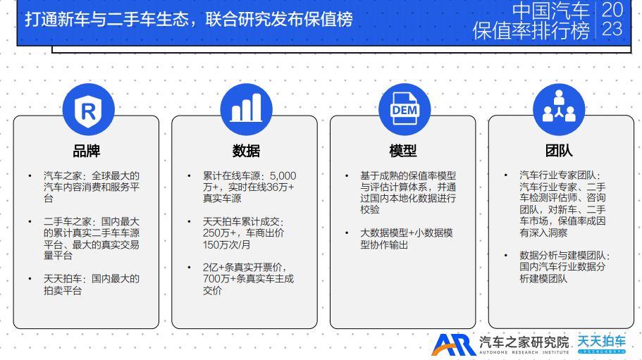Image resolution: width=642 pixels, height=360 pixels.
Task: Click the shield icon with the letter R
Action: (x=88, y=110)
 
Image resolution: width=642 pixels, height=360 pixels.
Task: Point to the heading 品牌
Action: (x=87, y=151)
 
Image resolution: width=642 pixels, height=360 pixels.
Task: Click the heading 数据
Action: (x=246, y=151)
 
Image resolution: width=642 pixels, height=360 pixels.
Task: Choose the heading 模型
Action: (x=403, y=151)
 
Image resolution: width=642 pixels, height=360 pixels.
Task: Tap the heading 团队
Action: (x=559, y=151)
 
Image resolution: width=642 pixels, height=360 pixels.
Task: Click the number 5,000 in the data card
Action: (x=283, y=176)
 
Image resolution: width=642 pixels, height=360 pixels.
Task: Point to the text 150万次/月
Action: (x=226, y=244)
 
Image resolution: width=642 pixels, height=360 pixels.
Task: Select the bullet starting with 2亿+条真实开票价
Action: (x=248, y=278)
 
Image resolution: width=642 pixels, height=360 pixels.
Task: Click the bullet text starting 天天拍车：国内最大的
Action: (x=92, y=285)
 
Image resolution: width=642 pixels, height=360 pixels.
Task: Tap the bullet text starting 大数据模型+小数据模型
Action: (x=407, y=239)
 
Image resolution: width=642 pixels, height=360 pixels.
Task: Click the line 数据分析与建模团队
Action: (x=564, y=255)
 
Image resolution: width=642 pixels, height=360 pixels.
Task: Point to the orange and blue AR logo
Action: (x=454, y=345)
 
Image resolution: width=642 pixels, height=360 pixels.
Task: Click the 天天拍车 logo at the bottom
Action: (x=601, y=344)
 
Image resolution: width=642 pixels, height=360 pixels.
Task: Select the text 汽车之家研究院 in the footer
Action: (x=524, y=342)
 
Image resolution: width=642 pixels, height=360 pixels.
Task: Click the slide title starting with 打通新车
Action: (x=189, y=19)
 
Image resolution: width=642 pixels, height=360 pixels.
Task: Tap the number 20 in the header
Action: (x=612, y=9)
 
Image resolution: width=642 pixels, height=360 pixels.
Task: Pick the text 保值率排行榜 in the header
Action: (x=531, y=30)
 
